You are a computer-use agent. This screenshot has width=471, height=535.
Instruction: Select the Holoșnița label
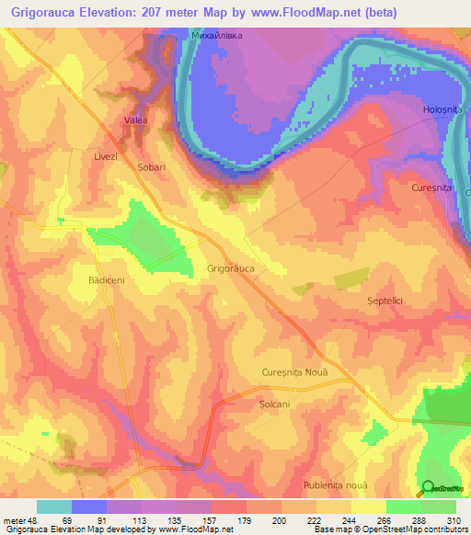(441, 110)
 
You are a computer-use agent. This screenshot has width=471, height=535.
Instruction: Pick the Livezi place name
(106, 157)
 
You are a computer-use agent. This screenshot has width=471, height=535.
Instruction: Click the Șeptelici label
(385, 302)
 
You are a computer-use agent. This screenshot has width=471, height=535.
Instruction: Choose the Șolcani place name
(274, 404)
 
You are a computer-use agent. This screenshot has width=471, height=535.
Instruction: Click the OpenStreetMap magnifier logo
(429, 488)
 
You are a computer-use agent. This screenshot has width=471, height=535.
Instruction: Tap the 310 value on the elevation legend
(453, 521)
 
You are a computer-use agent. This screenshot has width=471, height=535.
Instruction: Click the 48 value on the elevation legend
(33, 521)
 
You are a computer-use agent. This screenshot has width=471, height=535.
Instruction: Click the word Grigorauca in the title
(48, 13)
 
